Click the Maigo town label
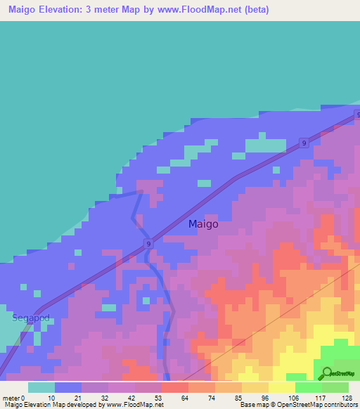(203, 224)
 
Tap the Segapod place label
(30, 318)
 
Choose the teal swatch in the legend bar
(41, 387)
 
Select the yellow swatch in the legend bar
(282, 387)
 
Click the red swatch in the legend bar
(175, 387)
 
